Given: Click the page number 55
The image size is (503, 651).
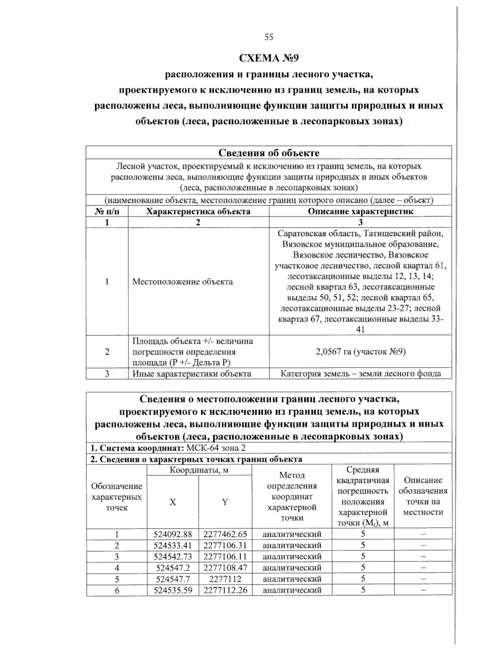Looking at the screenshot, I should pos(269,37).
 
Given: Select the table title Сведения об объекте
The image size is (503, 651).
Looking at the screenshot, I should pos(269,153).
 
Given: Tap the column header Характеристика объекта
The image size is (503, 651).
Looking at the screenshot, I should pos(198,211).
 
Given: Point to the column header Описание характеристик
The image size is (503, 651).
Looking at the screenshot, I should pos(360,211).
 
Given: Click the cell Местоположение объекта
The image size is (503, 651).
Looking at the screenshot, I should pos(182,282).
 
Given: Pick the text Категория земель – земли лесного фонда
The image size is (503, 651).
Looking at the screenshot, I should pos(360,373).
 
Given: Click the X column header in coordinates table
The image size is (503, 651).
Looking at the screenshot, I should pos(172,502).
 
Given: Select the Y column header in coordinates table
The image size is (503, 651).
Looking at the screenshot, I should pos(225,502).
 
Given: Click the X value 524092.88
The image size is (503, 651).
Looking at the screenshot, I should pos(173,534).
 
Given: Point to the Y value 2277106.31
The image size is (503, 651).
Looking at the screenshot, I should pos(225,545).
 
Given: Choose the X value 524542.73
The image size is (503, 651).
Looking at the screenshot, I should pos(173,557).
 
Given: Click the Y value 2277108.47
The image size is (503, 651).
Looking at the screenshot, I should pos(225,568).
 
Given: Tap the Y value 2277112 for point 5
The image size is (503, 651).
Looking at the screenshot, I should pos(225,579).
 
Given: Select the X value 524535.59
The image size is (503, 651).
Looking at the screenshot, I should pos(173,590).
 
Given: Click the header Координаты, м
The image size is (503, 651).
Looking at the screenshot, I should pos(199,470).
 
